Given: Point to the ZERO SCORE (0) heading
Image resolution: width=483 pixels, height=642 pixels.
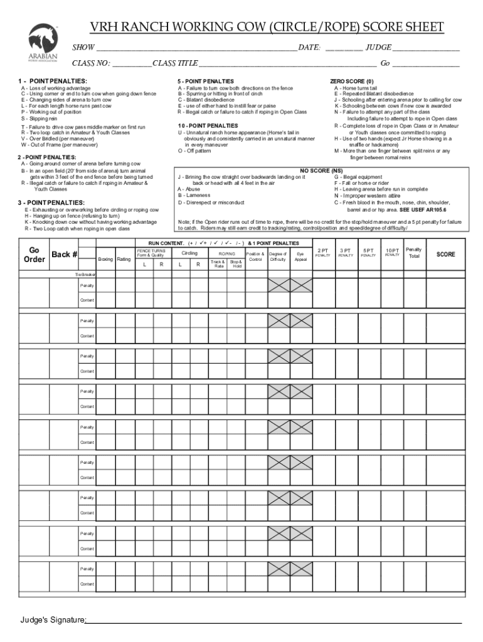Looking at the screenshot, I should [351, 82].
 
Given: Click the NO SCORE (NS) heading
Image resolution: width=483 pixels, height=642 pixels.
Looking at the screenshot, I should [321, 171].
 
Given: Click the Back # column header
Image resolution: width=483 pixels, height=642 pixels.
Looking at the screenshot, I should [65, 255].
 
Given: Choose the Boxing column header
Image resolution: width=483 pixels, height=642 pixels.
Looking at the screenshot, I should [105, 259].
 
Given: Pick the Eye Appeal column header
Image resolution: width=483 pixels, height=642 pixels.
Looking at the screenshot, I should [300, 256].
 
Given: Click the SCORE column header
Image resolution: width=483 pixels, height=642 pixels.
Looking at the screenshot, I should [446, 255].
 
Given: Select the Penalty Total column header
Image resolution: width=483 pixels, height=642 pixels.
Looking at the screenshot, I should [414, 253].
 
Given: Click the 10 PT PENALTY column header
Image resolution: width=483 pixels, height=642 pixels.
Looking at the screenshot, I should [392, 252].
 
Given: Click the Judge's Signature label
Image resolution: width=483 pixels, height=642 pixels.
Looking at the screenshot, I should [52, 620].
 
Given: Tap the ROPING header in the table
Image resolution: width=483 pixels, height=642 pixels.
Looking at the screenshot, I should [227, 253].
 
